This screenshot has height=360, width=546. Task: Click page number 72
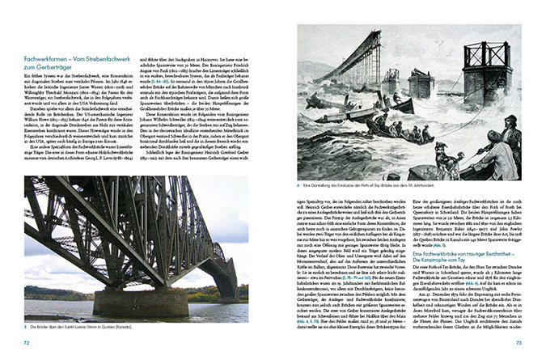click(28, 343)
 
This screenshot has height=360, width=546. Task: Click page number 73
click(519, 343)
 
